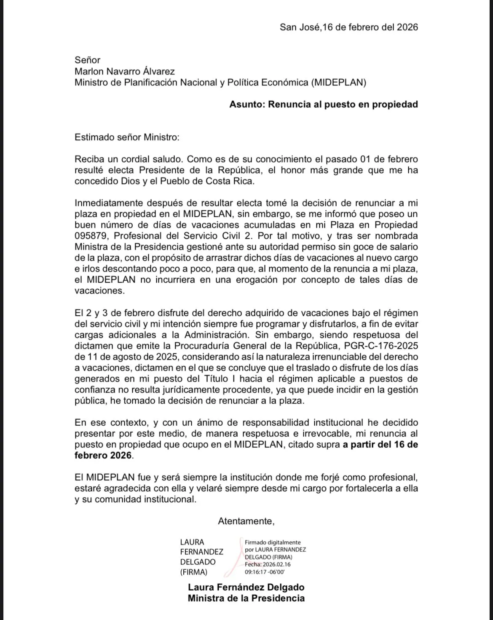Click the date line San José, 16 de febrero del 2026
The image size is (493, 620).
click(348, 27)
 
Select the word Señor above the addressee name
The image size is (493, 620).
click(87, 60)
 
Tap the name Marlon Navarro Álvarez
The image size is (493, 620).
click(124, 71)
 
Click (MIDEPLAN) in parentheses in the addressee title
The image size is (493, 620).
click(338, 83)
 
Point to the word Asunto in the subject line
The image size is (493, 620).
click(246, 105)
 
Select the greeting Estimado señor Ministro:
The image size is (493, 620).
click(127, 137)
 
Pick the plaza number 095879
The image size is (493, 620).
click(91, 236)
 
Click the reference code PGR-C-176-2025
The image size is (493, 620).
click(381, 346)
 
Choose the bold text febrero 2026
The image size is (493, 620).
click(103, 455)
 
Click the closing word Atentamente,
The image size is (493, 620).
click(246, 521)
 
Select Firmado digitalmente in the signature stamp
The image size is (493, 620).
click(273, 542)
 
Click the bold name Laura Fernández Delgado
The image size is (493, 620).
click(246, 587)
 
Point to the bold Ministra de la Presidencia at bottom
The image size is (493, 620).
click(246, 598)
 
